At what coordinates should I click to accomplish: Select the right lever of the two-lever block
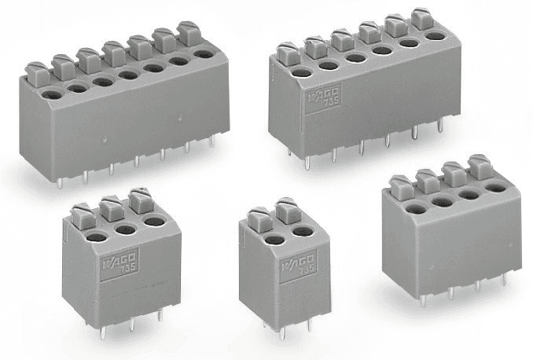click(x=285, y=211)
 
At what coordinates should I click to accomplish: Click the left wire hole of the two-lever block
click(x=274, y=241)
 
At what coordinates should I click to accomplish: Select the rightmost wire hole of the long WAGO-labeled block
click(x=435, y=36)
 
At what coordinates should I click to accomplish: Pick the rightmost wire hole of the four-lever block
click(x=495, y=188)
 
